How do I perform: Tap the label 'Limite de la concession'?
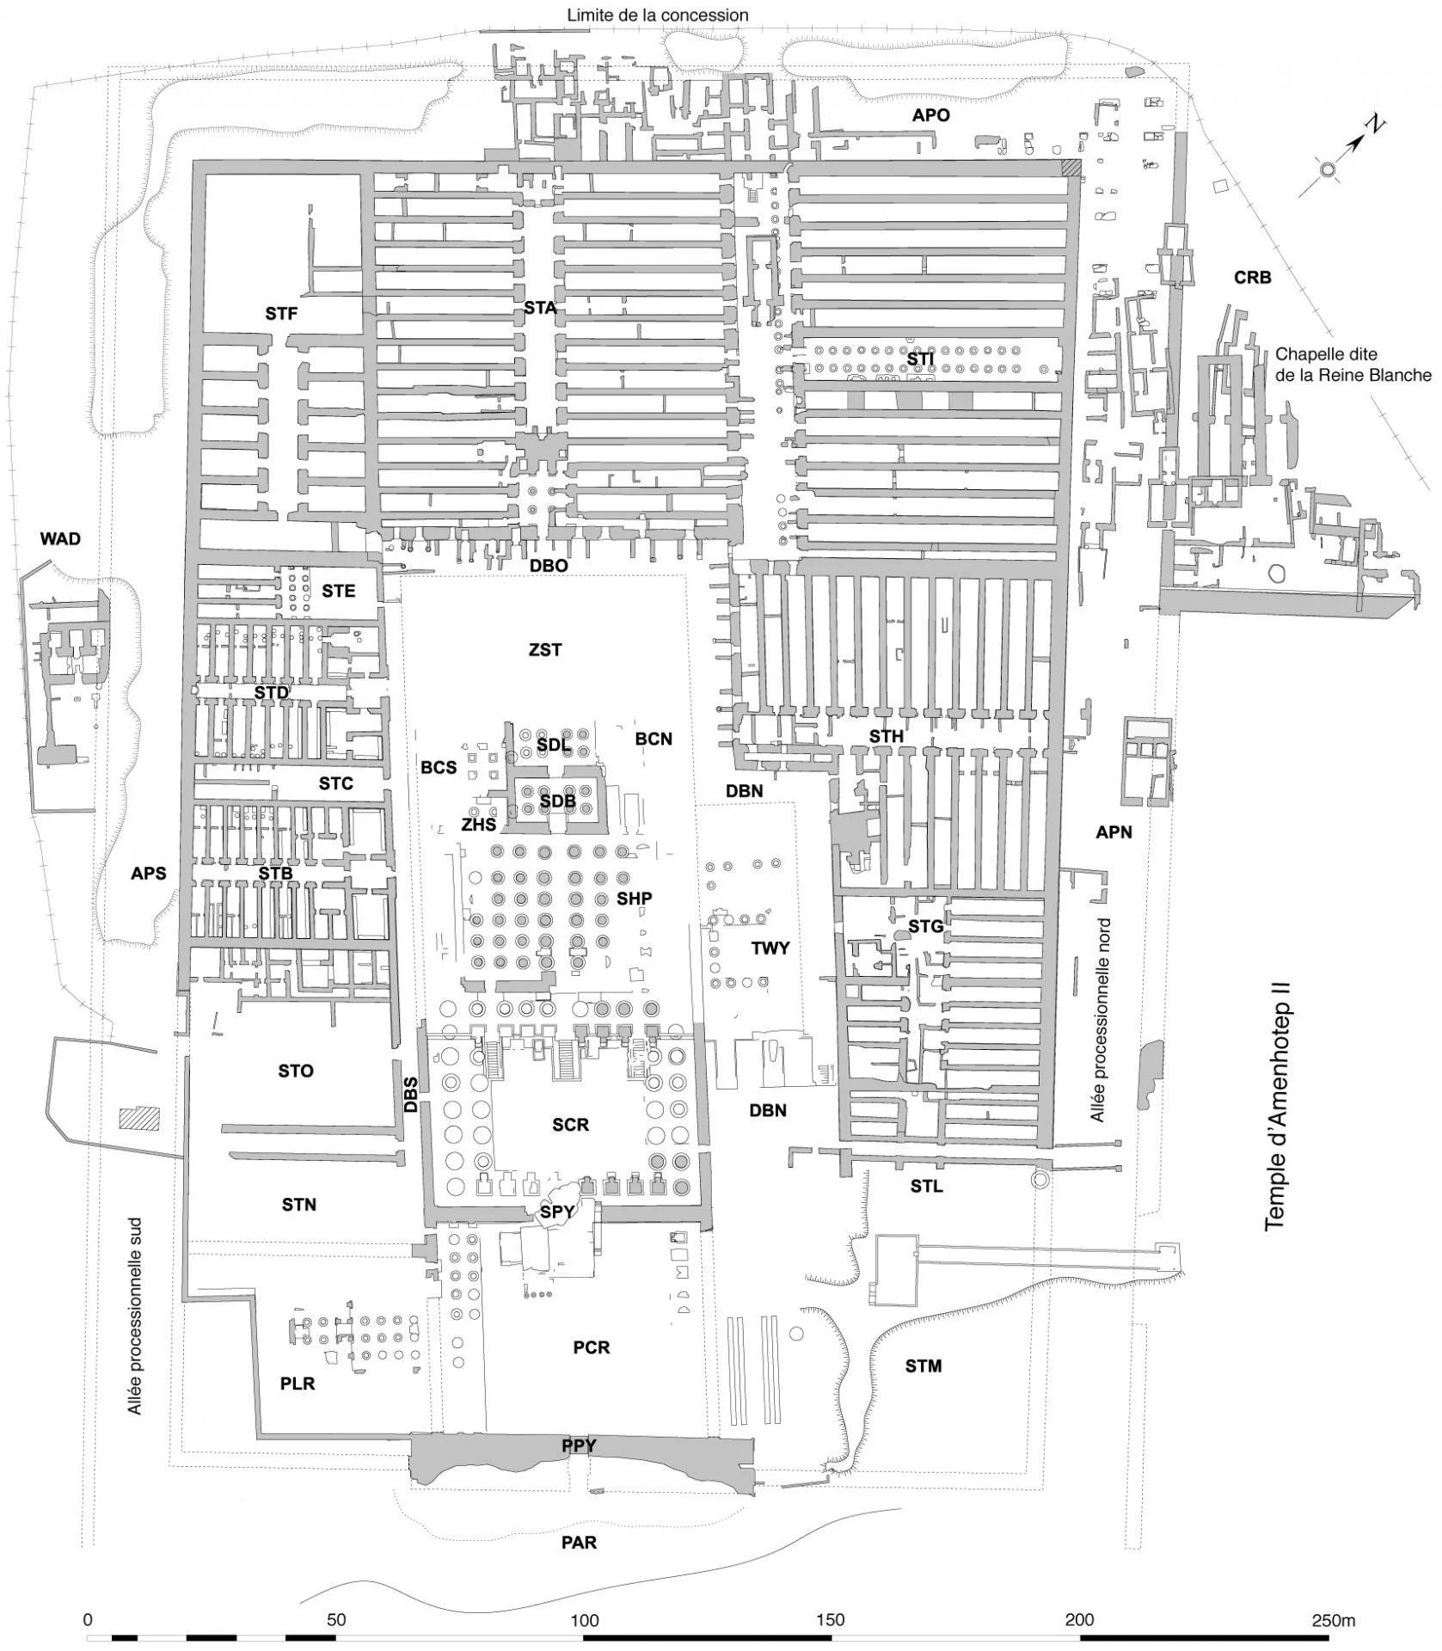pos(657,15)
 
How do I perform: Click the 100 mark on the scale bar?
pos(584,1620)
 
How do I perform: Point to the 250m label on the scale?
pos(1333,1620)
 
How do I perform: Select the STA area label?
pos(540,307)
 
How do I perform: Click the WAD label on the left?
pos(60,539)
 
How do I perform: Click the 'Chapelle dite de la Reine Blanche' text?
pos(1353,365)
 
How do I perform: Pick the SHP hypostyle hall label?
pos(635,899)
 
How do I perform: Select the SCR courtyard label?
pos(570,1125)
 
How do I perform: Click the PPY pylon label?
pos(579,1446)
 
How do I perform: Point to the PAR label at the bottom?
pos(579,1543)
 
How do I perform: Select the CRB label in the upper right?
pos(1252,278)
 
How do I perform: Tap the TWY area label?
pos(770,948)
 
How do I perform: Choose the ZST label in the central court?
pos(545,649)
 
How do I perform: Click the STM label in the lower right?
pos(923,1366)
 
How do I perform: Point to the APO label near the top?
pos(931,114)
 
